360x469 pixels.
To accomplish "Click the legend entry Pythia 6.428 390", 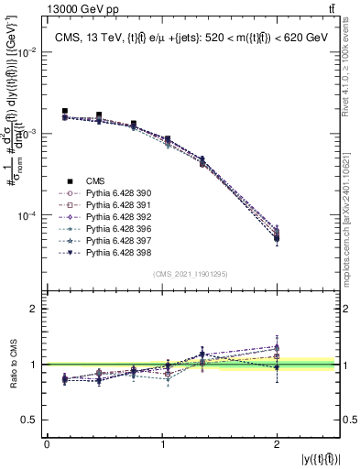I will click(115, 193).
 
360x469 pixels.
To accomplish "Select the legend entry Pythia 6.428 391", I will click(115, 205).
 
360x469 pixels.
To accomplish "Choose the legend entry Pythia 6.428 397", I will click(115, 240).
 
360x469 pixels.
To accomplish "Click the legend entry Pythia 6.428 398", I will click(115, 252).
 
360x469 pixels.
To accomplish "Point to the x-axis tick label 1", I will click(163, 443).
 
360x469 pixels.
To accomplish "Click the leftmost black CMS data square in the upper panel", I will click(64, 111).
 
